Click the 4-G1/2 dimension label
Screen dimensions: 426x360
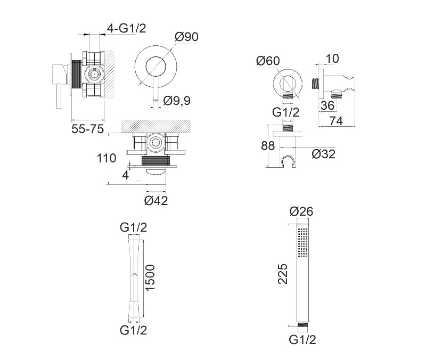coord(127,28)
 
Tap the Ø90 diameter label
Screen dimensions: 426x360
coord(186,37)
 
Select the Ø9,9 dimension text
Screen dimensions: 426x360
coord(177,101)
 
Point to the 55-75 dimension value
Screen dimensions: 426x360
coord(87,129)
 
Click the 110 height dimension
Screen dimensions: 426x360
coord(106,158)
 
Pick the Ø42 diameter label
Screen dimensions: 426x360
coord(156,201)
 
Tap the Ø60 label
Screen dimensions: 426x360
coord(268,61)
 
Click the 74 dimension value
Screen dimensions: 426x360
coord(336,121)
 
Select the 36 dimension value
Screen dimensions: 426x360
coord(327,105)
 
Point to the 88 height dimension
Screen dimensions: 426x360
coord(268,146)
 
